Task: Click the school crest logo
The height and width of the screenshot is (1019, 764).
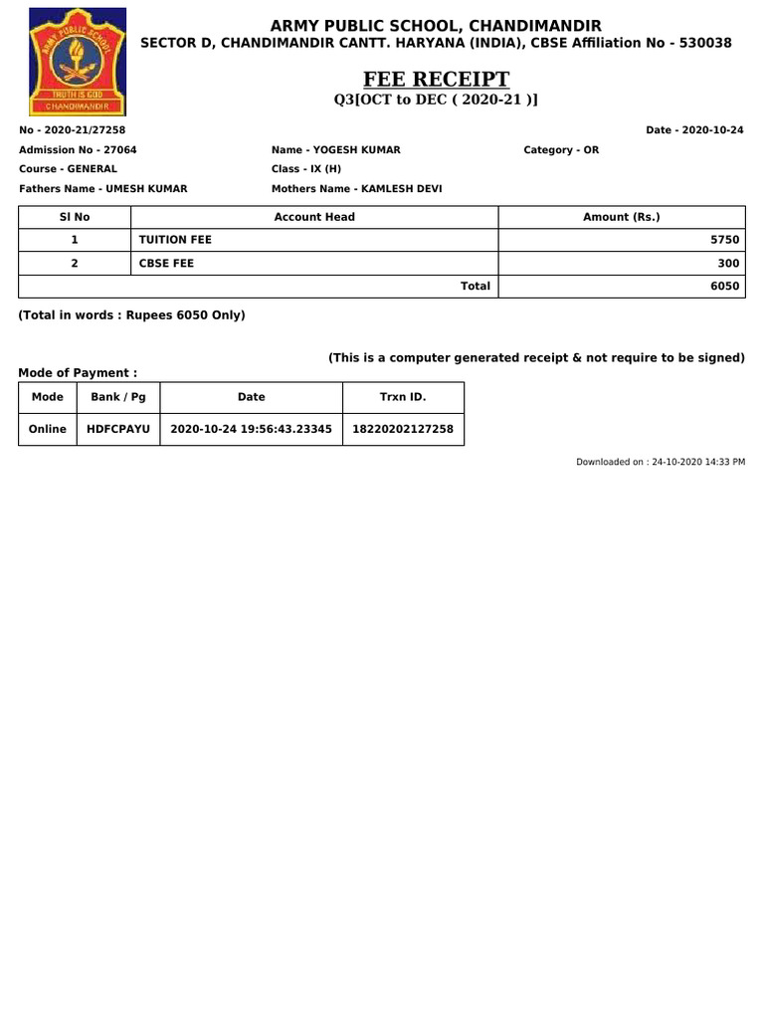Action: coord(78,62)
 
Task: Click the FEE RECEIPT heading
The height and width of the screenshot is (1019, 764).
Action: coord(437,80)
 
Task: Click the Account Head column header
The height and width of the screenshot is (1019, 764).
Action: coord(314,217)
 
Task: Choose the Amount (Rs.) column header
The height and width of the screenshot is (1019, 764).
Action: coord(622,217)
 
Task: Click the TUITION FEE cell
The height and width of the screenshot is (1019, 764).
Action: coord(176,240)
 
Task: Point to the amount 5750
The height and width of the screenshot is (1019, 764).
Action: coord(725,240)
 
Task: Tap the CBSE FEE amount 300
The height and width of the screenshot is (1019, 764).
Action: coord(728,263)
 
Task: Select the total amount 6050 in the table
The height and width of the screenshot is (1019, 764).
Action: coord(725,286)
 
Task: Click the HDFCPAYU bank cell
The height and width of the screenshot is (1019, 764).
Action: coord(118,429)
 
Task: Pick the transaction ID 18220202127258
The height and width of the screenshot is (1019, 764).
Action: coord(403,429)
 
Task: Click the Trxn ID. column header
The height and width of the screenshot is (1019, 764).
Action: coord(403,397)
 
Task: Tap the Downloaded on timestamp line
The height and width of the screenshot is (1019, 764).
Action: coord(661,463)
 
